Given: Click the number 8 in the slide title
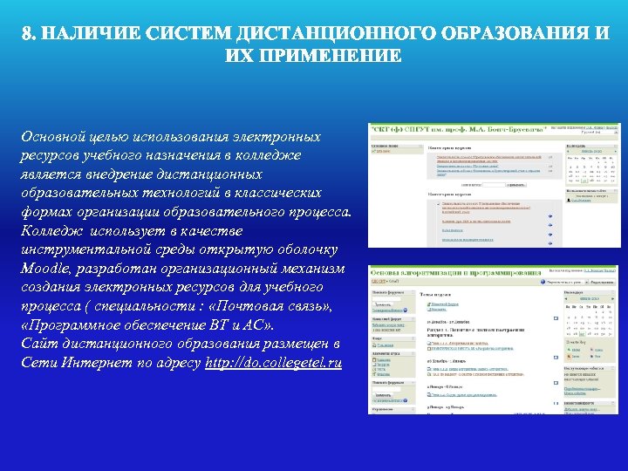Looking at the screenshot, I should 27,35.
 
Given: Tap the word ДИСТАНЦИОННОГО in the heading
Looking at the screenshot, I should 312,35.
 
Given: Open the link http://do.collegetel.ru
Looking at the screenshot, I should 273,362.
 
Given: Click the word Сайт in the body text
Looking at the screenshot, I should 40,343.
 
